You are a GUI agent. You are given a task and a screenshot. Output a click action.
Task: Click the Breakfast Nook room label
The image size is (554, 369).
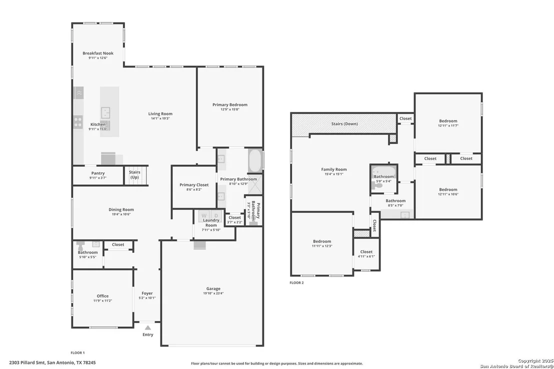[x=98, y=53]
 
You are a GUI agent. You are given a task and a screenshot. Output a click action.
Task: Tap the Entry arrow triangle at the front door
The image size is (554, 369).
[x=148, y=328]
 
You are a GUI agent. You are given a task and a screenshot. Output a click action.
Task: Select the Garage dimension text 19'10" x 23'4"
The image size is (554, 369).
[x=213, y=293]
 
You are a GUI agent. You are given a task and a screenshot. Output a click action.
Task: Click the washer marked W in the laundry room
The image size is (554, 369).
[x=204, y=216]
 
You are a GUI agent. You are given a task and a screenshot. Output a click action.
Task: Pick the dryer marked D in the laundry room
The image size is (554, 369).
[x=216, y=216]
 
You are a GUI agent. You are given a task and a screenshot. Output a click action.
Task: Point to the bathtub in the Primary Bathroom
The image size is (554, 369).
[x=254, y=160]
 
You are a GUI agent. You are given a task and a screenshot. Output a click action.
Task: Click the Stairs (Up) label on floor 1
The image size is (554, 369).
[x=134, y=175]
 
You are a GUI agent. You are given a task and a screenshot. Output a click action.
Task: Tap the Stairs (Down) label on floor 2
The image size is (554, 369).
[x=344, y=124]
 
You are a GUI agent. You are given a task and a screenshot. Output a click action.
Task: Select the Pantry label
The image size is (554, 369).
[x=98, y=173]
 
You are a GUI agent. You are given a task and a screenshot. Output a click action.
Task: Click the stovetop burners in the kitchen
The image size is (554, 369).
[x=78, y=122]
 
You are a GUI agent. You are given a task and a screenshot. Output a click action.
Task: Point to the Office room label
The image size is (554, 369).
[x=103, y=296]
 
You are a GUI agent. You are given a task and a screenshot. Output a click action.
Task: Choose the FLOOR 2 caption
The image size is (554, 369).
[x=296, y=283]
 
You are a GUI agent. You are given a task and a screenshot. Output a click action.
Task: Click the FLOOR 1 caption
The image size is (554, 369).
[x=77, y=353]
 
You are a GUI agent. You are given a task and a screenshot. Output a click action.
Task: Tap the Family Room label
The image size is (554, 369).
[x=334, y=169]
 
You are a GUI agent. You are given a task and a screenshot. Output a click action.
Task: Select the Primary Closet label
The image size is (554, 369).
[x=194, y=185]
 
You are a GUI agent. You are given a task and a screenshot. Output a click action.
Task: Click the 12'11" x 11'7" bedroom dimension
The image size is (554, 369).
[x=448, y=126]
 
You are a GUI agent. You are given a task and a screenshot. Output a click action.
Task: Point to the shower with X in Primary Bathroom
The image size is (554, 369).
[x=254, y=184]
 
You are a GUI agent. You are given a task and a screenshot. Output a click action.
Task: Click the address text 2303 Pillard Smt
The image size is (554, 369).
[x=27, y=363]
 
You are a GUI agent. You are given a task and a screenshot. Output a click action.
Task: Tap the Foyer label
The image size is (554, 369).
[x=147, y=293]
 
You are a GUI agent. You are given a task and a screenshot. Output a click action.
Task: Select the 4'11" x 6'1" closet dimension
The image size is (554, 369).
[x=366, y=257]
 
